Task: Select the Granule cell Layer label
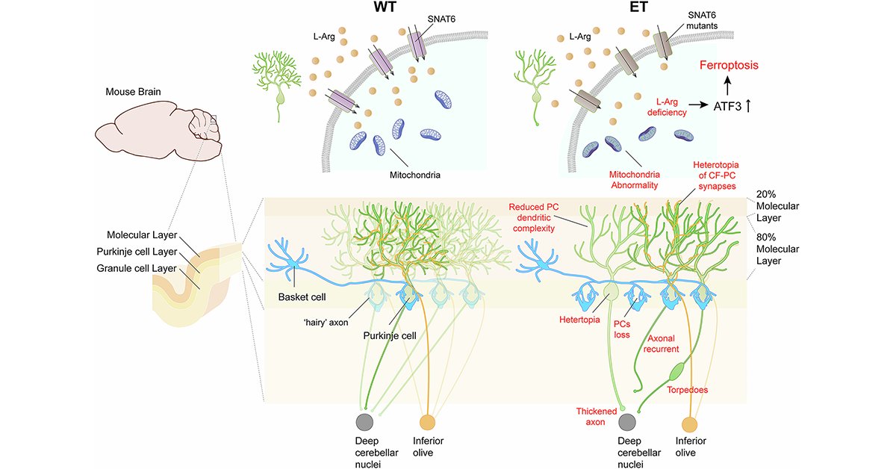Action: point(143,267)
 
